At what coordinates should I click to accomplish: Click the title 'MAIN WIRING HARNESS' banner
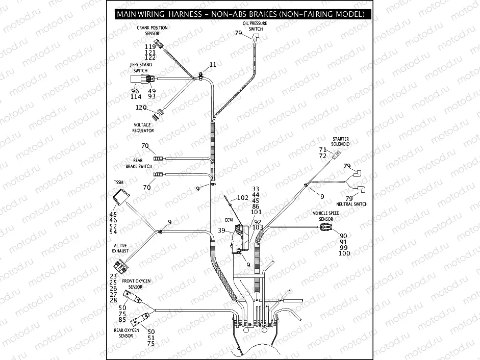pos(240,14)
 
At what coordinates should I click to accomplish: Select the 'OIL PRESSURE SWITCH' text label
pos(256,26)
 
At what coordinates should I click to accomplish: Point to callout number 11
pos(213,65)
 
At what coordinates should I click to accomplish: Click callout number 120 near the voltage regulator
pos(141,107)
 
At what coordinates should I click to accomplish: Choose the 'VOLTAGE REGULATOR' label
pos(143,127)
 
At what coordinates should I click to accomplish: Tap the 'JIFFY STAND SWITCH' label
pos(141,68)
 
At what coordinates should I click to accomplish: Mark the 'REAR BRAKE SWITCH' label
pos(139,163)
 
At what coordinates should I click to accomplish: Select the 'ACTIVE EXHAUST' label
pos(121,248)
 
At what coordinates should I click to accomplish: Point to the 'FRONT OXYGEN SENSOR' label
pos(136,284)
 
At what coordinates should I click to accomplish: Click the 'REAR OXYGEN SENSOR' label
pos(126,333)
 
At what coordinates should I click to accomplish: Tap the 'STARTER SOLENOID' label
pos(340,141)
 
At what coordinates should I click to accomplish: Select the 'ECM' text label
pos(229,220)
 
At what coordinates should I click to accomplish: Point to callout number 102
pos(243,197)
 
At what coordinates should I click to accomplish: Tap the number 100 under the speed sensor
pos(344,253)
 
